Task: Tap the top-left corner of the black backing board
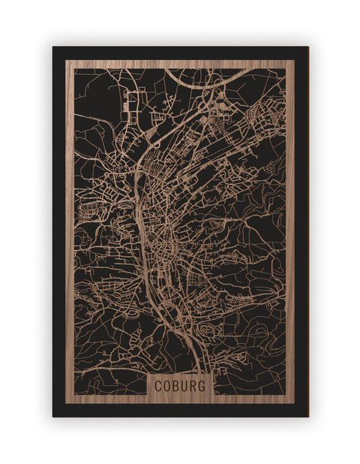[53, 47]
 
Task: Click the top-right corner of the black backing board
[307, 47]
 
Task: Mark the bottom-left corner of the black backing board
[53, 416]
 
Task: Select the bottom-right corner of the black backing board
[307, 416]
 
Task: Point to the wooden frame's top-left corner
[66, 60]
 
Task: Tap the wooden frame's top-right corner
[295, 60]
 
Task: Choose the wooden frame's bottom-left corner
[66, 403]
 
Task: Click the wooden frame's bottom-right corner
[295, 403]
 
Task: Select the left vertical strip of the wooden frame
[70, 225]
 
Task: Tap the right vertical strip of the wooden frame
[290, 225]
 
